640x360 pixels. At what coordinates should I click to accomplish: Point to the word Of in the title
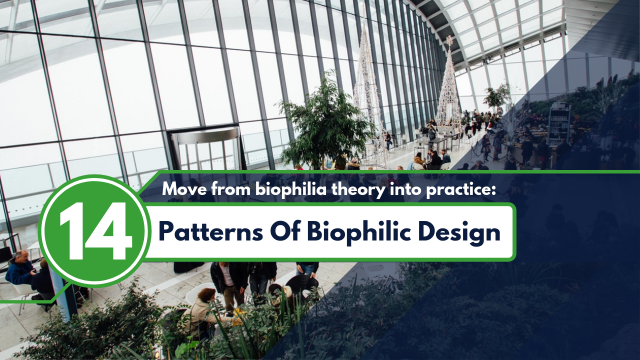tap(284, 232)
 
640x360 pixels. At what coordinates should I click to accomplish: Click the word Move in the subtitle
tap(182, 189)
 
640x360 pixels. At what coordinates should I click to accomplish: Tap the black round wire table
tap(301, 285)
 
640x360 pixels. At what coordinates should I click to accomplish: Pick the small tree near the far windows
tap(496, 96)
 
